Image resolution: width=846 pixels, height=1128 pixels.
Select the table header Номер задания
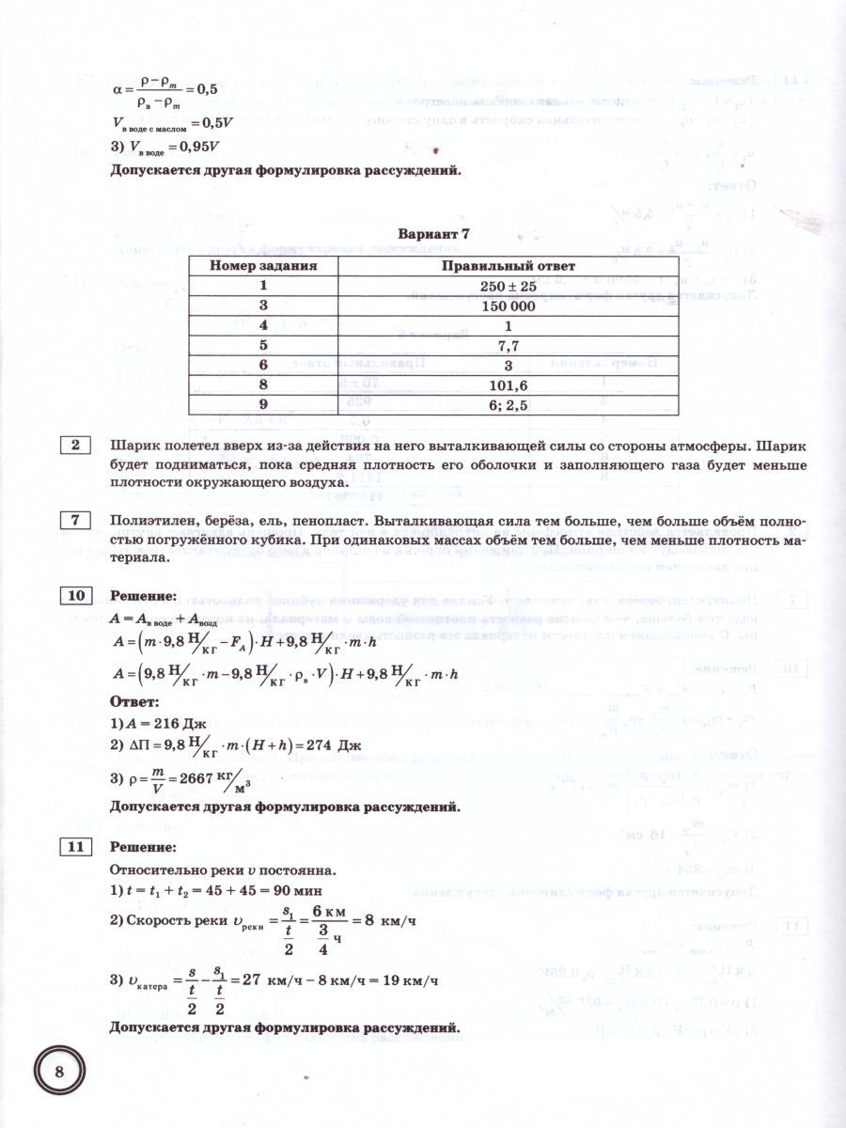(263, 266)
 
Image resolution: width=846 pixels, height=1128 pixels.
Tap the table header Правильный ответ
(509, 266)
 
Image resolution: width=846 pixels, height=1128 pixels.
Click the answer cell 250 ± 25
(509, 287)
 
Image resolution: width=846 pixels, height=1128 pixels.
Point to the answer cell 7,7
(509, 346)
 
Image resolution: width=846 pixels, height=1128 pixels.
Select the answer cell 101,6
(509, 385)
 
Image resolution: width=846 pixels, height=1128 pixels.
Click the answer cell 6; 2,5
(509, 405)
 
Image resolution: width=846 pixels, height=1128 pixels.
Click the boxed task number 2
(74, 445)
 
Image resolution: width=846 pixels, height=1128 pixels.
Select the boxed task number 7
(74, 520)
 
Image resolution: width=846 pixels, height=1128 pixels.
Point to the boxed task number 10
(74, 596)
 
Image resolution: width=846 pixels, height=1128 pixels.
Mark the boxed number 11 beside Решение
(74, 848)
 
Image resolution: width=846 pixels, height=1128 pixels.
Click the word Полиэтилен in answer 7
(149, 520)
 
